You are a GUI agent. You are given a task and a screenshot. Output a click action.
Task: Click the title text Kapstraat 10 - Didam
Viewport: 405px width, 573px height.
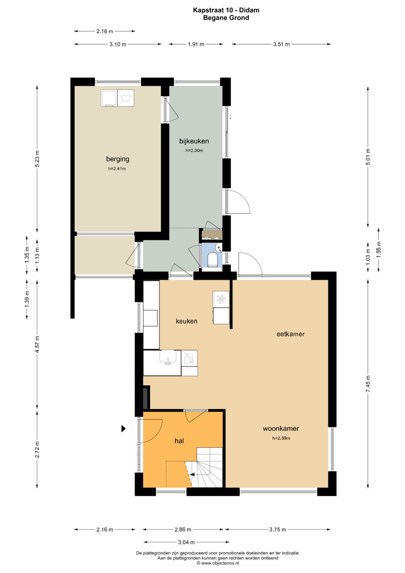click(226, 10)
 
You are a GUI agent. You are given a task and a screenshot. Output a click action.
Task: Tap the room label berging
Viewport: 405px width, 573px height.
click(118, 159)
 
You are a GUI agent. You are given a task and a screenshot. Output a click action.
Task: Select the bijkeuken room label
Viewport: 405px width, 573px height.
click(194, 141)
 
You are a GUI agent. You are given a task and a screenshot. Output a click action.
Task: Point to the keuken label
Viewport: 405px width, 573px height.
click(186, 321)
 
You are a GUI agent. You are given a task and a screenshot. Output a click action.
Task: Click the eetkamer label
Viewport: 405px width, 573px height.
click(291, 334)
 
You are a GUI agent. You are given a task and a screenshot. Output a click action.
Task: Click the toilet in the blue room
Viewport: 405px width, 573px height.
click(212, 260)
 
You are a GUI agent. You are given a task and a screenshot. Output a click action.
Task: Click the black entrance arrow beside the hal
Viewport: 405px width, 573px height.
click(123, 429)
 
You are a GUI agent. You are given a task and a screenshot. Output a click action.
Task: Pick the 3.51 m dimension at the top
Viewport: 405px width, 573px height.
click(281, 44)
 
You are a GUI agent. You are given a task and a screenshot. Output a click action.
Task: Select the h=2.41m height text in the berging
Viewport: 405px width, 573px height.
click(117, 169)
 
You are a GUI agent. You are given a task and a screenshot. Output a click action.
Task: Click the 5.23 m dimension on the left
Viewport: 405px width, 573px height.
click(37, 158)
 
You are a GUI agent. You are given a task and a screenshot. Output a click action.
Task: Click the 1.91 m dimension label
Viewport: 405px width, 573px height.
click(196, 44)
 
